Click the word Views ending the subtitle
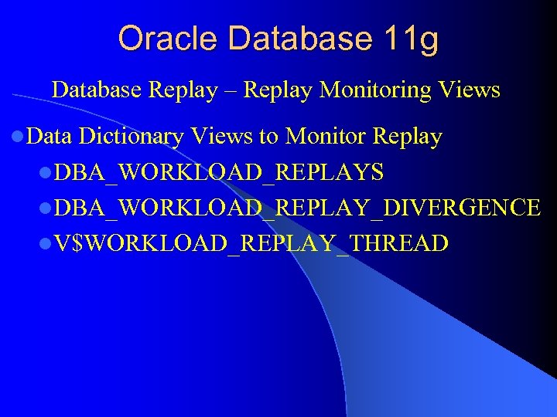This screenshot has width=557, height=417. (469, 90)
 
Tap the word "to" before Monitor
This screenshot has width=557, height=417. (268, 137)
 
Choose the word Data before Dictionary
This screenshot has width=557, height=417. (49, 137)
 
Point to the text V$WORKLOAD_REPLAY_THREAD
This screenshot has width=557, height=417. (251, 244)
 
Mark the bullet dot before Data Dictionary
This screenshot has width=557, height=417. (18, 138)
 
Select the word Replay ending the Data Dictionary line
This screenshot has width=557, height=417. (407, 137)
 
